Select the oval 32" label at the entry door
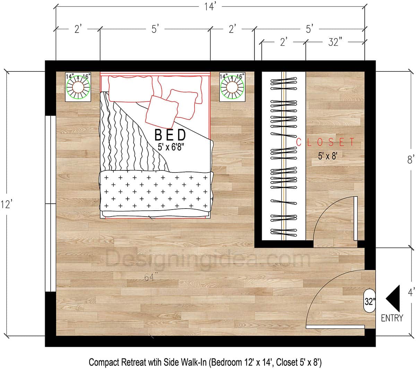[x=370, y=301]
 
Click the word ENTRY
[x=392, y=318]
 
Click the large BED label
[x=170, y=134]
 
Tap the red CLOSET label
[x=326, y=142]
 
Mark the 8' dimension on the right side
[x=411, y=160]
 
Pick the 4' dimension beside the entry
[x=411, y=293]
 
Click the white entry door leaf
[x=335, y=327]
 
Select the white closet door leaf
[x=355, y=218]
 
